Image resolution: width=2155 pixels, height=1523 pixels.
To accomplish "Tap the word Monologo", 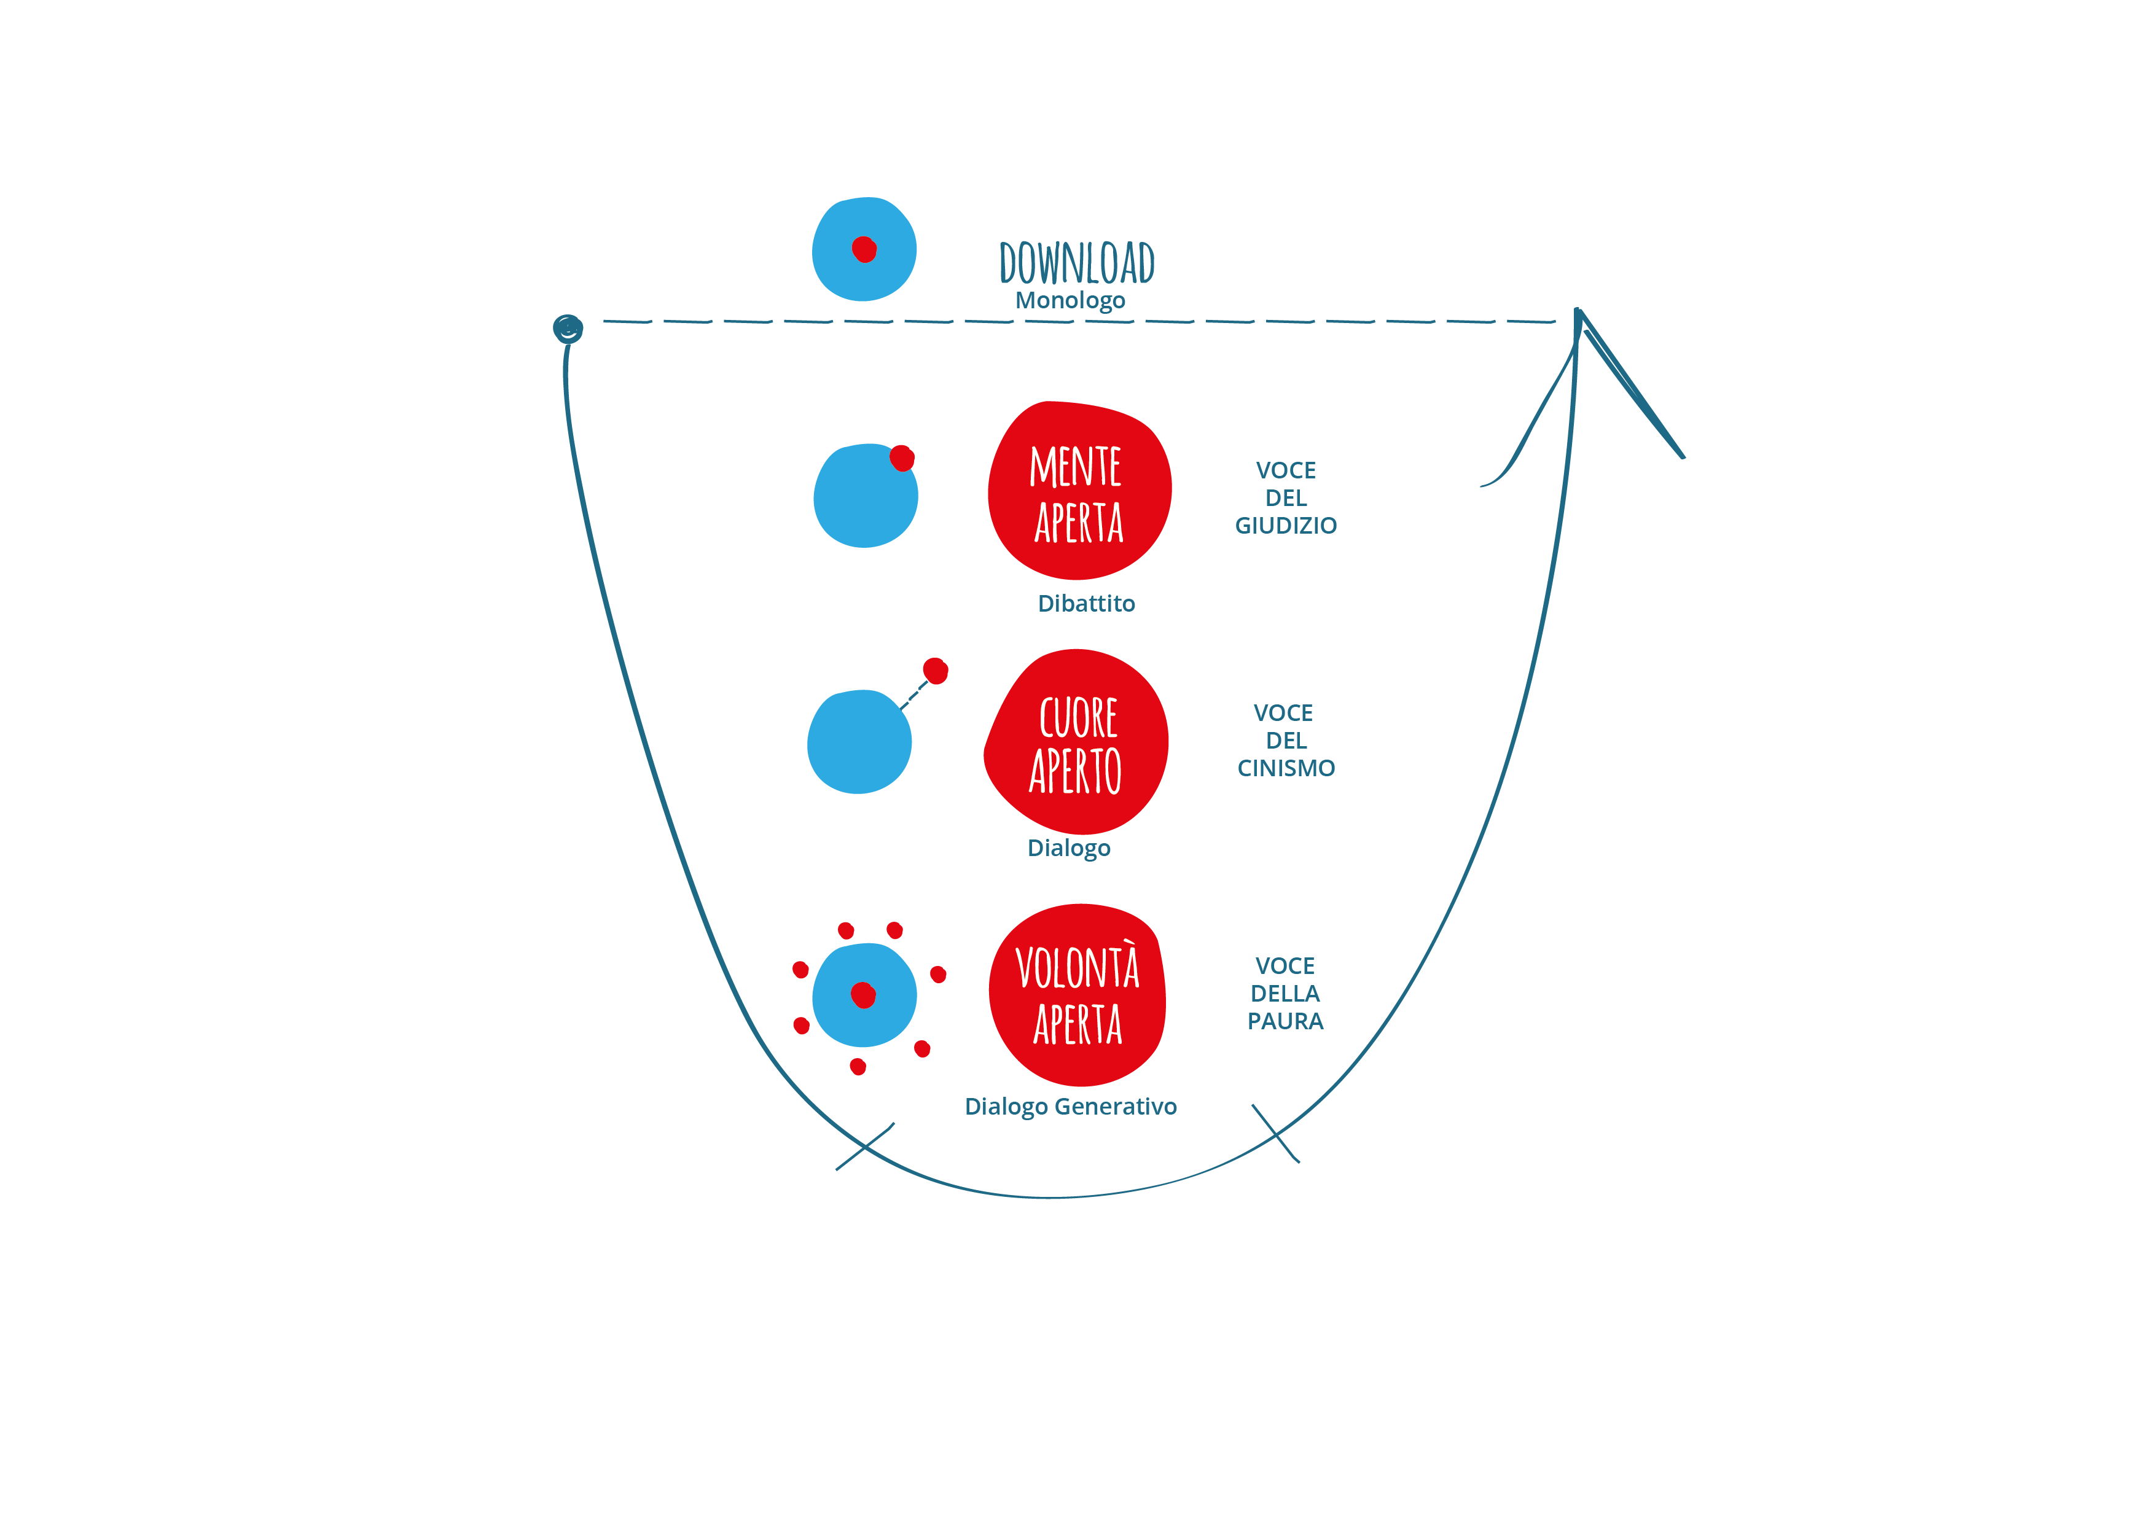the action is (1070, 300).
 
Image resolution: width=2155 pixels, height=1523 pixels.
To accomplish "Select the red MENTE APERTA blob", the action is (1079, 490).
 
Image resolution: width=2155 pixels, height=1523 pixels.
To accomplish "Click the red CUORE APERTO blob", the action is (1076, 741).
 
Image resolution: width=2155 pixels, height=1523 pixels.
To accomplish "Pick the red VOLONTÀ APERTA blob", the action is (1077, 995).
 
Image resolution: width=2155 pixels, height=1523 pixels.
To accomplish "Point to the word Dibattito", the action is (1086, 604).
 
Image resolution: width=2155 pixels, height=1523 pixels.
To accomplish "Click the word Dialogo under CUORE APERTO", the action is (1069, 848).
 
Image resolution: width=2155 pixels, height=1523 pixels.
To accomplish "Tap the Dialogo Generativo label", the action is (1071, 1107).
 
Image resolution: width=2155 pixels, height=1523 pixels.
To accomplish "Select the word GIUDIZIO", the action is (1286, 526).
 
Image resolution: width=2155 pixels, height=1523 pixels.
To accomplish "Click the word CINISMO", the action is (1286, 768).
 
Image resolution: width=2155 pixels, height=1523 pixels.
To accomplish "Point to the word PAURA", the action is (1285, 1021).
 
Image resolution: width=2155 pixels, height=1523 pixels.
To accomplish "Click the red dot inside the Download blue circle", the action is (864, 249).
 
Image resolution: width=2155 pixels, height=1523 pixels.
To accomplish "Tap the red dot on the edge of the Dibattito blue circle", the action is (902, 458).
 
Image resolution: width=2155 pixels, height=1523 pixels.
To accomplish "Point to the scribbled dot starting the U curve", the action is (568, 329).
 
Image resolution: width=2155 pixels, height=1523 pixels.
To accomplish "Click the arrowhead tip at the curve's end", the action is (1578, 310).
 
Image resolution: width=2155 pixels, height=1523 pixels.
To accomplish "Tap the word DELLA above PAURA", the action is (1285, 994).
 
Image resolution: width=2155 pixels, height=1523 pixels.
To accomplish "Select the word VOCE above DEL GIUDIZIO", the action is (1286, 470).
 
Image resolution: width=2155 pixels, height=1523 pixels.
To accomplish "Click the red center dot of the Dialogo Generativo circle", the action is (864, 995).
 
